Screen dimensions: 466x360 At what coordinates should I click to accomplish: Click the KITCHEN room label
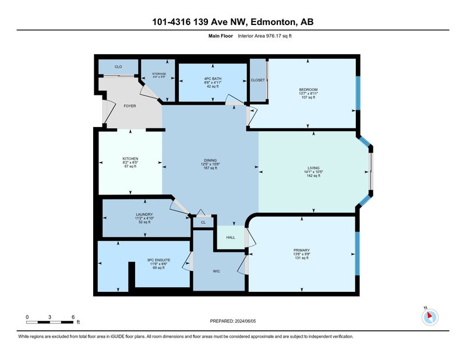coord(130,159)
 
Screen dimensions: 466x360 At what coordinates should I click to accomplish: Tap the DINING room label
coord(210,160)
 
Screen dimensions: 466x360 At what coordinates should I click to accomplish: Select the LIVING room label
coord(313,168)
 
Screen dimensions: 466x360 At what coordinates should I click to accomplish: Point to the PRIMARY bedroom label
coord(302,250)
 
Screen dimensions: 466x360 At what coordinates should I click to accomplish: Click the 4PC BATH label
coord(213,79)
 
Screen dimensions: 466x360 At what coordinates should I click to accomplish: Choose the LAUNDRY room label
coord(144,214)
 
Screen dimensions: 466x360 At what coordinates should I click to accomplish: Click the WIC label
coord(216,271)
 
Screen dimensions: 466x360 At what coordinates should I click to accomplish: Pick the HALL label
coord(231,237)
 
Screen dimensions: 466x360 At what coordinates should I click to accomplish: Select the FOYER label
coord(130,106)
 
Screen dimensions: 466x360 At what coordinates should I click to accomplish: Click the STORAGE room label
coord(159,74)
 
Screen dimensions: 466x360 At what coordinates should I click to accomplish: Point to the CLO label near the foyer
coord(118,66)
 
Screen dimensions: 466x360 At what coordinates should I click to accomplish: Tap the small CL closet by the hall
coord(203,223)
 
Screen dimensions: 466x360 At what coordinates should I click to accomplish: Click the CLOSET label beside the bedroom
coord(257,80)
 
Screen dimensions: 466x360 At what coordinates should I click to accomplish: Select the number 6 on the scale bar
coord(73,317)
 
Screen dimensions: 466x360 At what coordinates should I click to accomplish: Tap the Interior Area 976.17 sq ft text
coord(265,36)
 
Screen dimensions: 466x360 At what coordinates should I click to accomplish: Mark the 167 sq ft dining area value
coord(210,168)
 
